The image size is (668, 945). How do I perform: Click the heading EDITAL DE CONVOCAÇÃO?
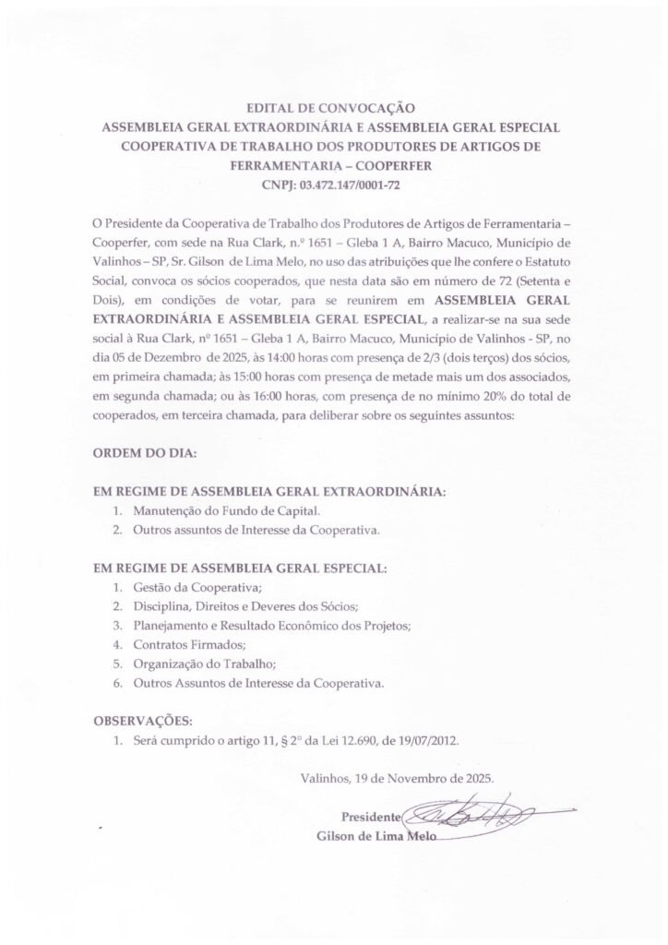click(333, 109)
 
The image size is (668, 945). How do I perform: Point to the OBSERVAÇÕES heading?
click(144, 720)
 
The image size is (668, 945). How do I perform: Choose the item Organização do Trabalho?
click(204, 664)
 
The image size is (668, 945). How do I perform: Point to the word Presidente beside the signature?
click(371, 818)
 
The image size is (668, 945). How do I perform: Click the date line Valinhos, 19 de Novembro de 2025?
click(397, 777)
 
